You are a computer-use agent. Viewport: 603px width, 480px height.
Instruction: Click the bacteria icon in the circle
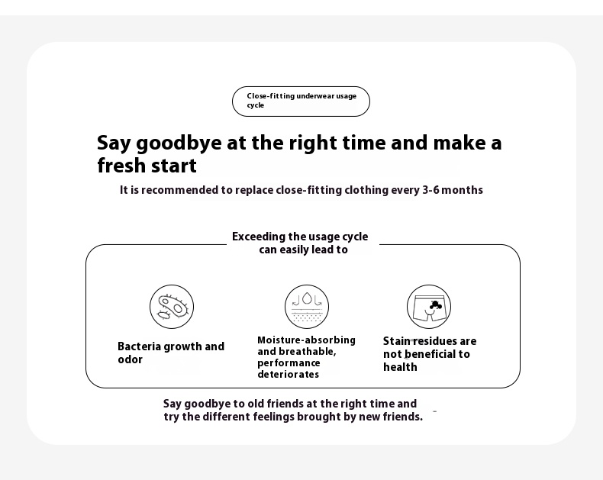coord(172,307)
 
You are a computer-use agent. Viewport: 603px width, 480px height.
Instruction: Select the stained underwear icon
coord(429,307)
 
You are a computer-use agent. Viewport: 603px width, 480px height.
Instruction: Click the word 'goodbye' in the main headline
coord(179,143)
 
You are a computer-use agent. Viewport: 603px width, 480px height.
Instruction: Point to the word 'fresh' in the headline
coord(121,166)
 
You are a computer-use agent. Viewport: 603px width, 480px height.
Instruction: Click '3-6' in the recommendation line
coord(430,190)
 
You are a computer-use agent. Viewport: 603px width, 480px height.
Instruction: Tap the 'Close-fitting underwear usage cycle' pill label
coord(301,101)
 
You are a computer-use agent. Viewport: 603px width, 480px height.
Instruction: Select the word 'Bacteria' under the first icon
coord(139,346)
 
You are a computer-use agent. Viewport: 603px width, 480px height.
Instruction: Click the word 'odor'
coord(130,359)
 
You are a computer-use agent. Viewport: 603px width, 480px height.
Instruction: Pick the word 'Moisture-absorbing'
coord(307,340)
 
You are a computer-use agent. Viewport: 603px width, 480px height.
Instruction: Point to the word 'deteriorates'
coord(288,374)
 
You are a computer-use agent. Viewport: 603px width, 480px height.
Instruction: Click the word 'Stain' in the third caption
coord(396,341)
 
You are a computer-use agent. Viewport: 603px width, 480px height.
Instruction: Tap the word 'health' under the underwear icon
coord(400,367)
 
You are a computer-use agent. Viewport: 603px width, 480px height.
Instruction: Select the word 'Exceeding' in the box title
coord(259,237)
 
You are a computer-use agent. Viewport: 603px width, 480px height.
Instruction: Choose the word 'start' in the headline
coord(173,166)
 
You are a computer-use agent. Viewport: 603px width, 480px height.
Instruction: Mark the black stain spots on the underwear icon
coord(435,305)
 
